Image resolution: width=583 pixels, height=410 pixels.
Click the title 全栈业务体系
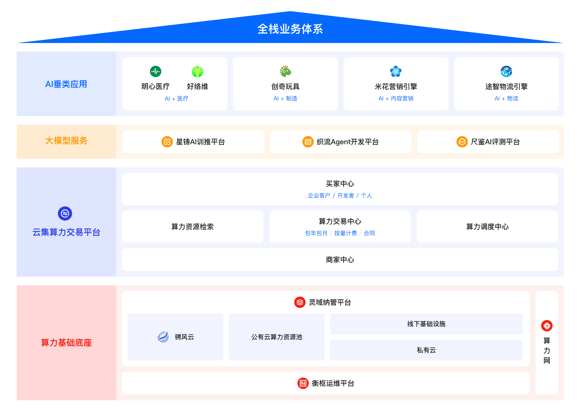(x=290, y=29)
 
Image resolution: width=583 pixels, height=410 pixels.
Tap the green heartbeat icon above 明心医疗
(x=155, y=72)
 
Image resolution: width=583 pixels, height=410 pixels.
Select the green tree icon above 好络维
(x=197, y=72)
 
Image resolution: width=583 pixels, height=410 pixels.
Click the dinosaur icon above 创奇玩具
(x=285, y=71)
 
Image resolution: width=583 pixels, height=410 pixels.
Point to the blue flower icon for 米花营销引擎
(x=396, y=71)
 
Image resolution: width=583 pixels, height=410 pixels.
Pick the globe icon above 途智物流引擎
(x=506, y=71)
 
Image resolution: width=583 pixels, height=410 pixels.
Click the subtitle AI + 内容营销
(x=396, y=98)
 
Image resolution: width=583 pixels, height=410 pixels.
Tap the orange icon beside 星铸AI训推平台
(x=167, y=142)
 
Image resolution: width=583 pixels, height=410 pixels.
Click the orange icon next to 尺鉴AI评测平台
(x=462, y=142)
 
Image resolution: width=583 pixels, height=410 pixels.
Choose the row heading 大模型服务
(x=66, y=141)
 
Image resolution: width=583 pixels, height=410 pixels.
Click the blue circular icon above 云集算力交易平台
(x=65, y=213)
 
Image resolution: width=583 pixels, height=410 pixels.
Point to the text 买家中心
(x=340, y=184)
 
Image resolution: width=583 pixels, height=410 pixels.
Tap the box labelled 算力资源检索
(x=192, y=227)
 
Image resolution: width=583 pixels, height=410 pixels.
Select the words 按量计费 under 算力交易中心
(x=345, y=233)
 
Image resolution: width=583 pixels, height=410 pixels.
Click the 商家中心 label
(x=340, y=260)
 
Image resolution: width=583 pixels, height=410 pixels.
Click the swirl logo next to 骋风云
(x=163, y=337)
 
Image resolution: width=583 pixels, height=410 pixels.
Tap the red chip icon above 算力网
(x=547, y=326)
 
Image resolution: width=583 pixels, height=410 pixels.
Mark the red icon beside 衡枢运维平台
(x=303, y=383)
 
